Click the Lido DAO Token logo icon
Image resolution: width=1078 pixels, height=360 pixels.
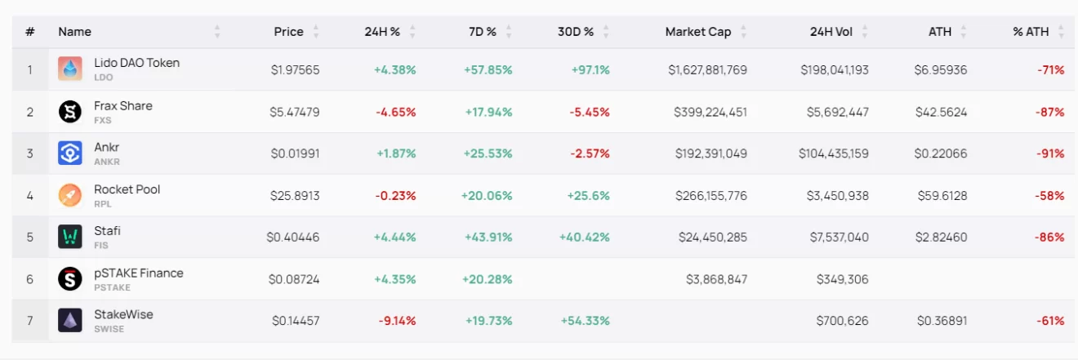point(70,69)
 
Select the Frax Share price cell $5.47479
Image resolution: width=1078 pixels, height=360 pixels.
point(295,112)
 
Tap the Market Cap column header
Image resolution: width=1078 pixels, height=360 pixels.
point(697,32)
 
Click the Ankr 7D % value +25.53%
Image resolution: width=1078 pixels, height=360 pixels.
point(488,153)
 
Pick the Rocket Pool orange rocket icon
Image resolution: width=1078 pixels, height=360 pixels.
point(70,195)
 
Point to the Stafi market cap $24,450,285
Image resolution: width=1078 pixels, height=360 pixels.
point(712,237)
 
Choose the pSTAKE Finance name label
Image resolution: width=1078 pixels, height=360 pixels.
point(138,273)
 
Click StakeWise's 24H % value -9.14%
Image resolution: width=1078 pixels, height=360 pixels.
point(397,321)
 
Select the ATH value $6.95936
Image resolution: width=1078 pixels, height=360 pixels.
point(940,70)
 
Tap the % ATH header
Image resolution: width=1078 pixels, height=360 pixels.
point(1031,32)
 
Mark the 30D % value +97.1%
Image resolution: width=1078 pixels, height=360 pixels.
point(590,70)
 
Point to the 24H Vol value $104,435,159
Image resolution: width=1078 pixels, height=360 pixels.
point(835,153)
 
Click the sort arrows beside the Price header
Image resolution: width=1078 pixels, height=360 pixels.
point(316,32)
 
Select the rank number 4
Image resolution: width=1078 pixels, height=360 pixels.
point(30,195)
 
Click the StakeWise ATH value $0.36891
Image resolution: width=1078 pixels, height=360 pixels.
point(942,321)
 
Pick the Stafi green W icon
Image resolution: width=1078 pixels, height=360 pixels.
point(70,237)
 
